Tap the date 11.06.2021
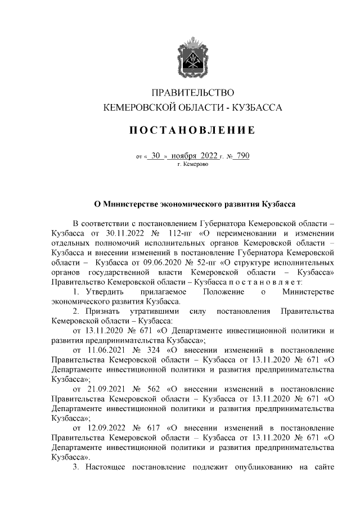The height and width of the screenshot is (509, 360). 104,350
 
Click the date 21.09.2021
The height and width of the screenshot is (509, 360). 104,389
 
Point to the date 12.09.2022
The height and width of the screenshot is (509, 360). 104,428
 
